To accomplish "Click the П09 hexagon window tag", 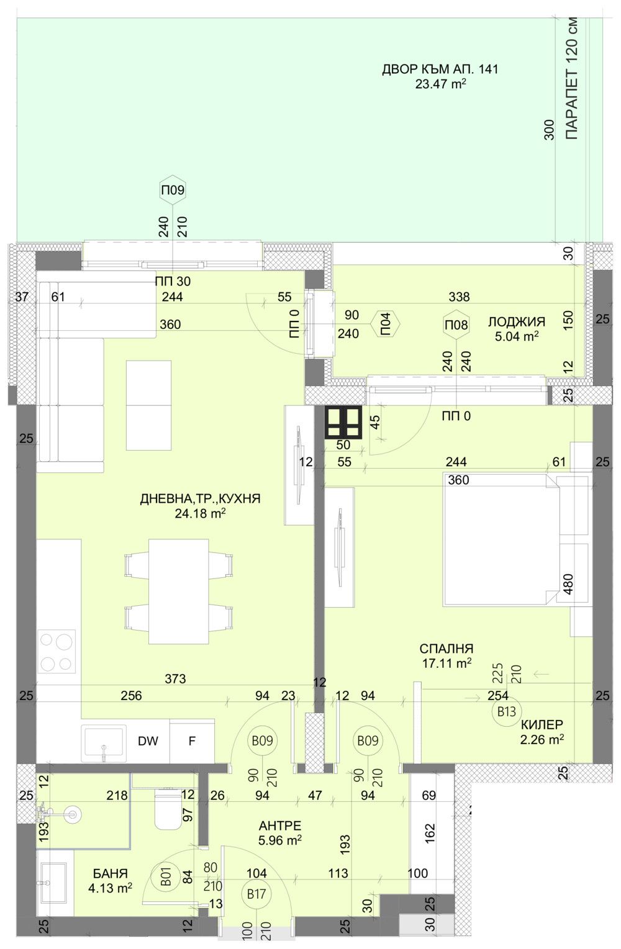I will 173,190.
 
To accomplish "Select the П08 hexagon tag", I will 456,325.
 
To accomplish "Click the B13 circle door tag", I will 507,712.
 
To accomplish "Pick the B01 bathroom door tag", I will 166,879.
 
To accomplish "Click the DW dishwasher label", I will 148,740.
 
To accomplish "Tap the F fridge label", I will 192,740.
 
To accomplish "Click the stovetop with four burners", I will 57,652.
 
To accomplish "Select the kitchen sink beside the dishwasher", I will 104,743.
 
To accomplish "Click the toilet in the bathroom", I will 166,809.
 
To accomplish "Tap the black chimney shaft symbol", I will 343,422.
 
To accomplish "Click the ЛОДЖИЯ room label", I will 516,322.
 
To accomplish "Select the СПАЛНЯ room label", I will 446,649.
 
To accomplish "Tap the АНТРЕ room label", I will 280,825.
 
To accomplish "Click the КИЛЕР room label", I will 542,724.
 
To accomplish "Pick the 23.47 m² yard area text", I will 440,84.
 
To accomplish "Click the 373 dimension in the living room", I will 175,679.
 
